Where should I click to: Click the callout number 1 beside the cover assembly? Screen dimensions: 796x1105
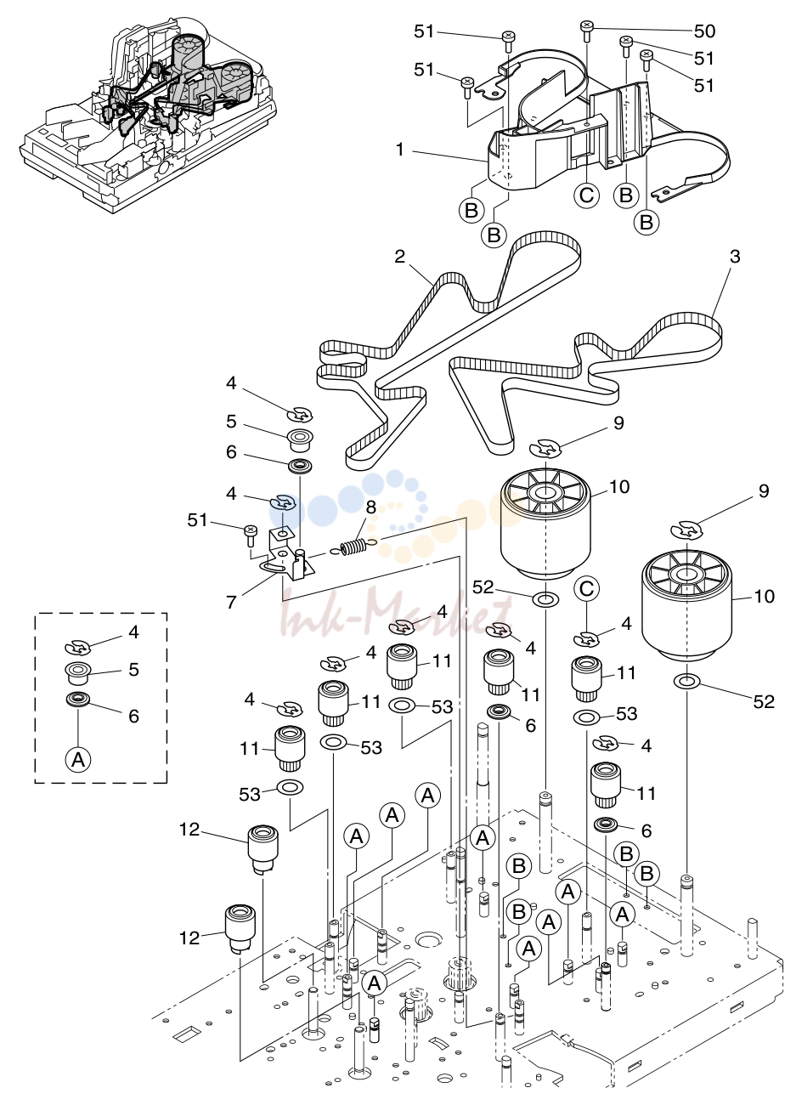pyautogui.click(x=400, y=149)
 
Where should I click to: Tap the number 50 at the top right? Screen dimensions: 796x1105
pyautogui.click(x=704, y=31)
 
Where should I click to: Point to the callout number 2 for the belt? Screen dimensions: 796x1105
pyautogui.click(x=400, y=256)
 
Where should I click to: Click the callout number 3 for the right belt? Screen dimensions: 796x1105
pyautogui.click(x=735, y=257)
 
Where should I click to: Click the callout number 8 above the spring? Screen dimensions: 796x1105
pyautogui.click(x=370, y=507)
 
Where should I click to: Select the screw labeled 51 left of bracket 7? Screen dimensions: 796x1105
pyautogui.click(x=251, y=535)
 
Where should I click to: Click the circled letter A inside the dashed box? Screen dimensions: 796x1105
pyautogui.click(x=78, y=760)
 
